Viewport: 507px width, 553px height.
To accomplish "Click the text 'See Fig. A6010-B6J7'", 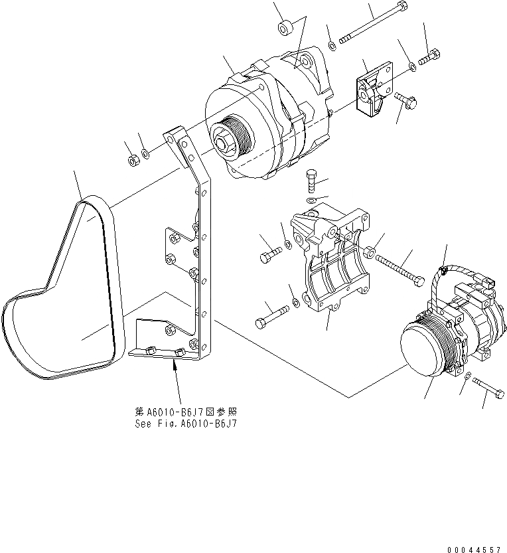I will pyautogui.click(x=184, y=424).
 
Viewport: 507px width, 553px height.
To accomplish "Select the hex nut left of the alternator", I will pyautogui.click(x=132, y=159).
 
